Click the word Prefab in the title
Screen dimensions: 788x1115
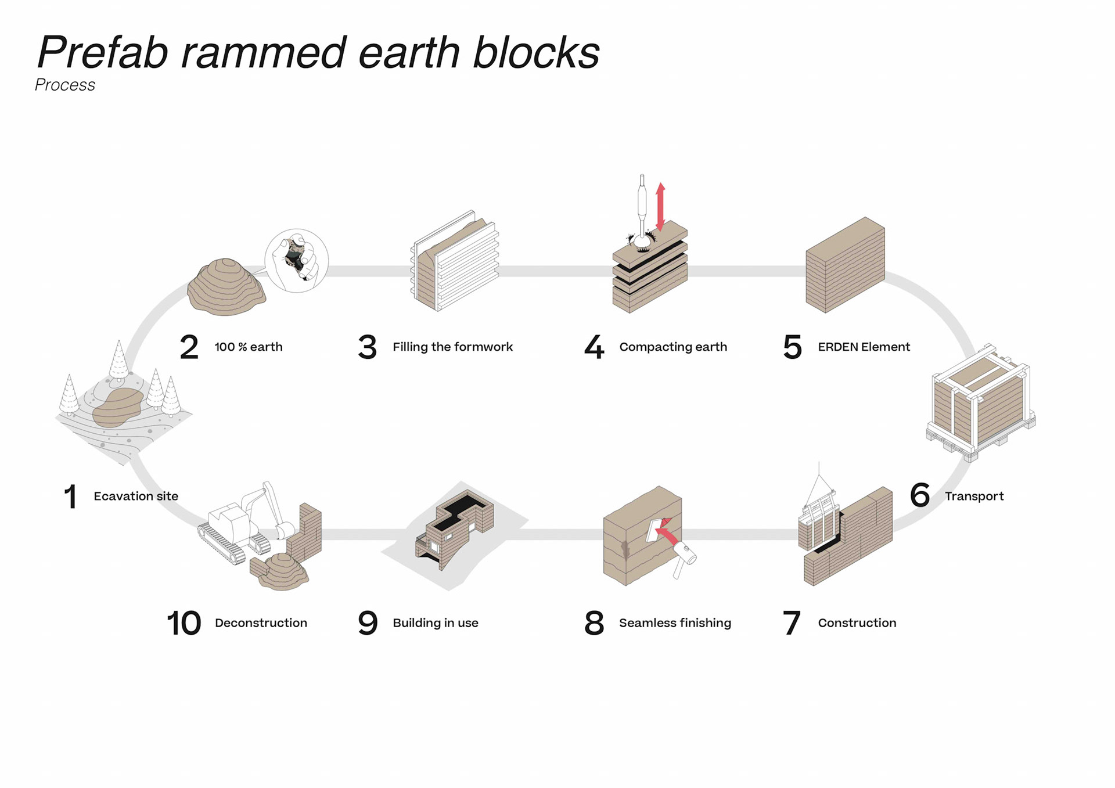pyautogui.click(x=103, y=52)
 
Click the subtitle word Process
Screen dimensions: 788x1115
pyautogui.click(x=64, y=85)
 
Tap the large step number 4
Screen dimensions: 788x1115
pyautogui.click(x=594, y=347)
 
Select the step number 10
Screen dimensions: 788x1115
pyautogui.click(x=184, y=623)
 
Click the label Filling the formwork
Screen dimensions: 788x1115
pyautogui.click(x=452, y=347)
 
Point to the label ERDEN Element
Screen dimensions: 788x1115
pyautogui.click(x=864, y=347)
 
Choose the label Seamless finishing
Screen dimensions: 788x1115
pyautogui.click(x=675, y=623)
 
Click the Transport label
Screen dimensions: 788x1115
pyautogui.click(x=974, y=496)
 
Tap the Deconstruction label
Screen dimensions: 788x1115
pyautogui.click(x=261, y=623)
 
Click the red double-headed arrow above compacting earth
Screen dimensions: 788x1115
pyautogui.click(x=660, y=207)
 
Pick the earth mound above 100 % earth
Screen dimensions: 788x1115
pyautogui.click(x=226, y=287)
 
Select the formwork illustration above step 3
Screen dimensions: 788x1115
pyautogui.click(x=455, y=261)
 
